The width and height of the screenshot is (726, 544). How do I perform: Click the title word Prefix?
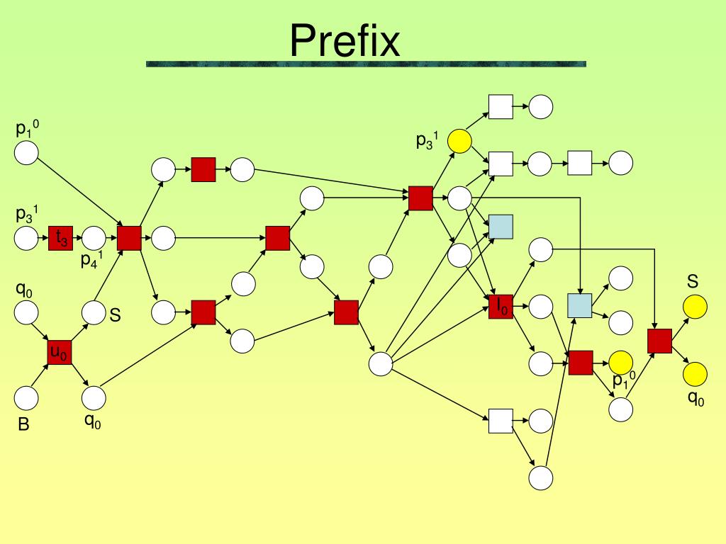pyautogui.click(x=345, y=40)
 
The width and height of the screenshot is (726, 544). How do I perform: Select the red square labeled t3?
pyautogui.click(x=61, y=238)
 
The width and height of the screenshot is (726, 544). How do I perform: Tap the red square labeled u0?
pyautogui.click(x=60, y=352)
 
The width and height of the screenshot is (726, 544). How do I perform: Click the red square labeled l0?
pyautogui.click(x=501, y=306)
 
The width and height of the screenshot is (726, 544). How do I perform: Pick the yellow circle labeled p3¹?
pyautogui.click(x=460, y=142)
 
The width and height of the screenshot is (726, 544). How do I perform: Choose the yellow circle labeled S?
pyautogui.click(x=695, y=307)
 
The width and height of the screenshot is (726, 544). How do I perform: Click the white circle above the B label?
pyautogui.click(x=26, y=398)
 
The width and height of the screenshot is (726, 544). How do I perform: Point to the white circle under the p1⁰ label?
pyautogui.click(x=26, y=153)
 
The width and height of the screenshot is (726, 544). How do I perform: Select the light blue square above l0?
pyautogui.click(x=501, y=227)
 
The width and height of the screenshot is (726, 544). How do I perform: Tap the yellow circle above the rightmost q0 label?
pyautogui.click(x=695, y=373)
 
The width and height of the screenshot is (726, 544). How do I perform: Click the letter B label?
pyautogui.click(x=23, y=425)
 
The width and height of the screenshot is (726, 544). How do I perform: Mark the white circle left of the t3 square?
pyautogui.click(x=26, y=238)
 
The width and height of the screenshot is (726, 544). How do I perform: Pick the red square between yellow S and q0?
pyautogui.click(x=659, y=341)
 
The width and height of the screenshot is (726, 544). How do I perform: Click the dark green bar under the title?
pyautogui.click(x=366, y=64)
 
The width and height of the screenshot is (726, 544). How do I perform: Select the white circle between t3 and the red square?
pyautogui.click(x=93, y=238)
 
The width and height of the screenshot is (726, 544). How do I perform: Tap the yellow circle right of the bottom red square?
pyautogui.click(x=621, y=363)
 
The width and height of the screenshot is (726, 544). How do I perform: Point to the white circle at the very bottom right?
pyautogui.click(x=541, y=478)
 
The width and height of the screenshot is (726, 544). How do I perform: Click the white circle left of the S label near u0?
pyautogui.click(x=93, y=312)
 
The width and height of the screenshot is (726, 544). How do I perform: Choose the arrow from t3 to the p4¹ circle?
pyautogui.click(x=77, y=238)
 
